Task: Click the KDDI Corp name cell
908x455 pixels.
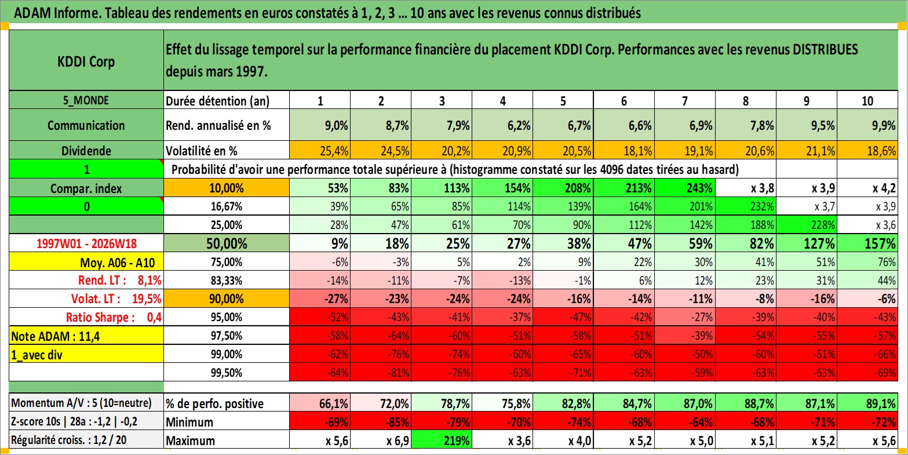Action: (x=86, y=60)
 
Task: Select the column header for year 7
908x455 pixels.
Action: (x=685, y=100)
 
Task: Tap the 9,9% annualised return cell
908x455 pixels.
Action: (x=867, y=125)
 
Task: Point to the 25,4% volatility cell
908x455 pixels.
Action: (x=320, y=151)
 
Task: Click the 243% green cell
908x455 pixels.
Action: (x=685, y=188)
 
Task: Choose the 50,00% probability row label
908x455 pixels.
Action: (x=227, y=243)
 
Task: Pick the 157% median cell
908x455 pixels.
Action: (x=867, y=243)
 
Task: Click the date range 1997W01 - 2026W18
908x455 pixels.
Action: (x=86, y=243)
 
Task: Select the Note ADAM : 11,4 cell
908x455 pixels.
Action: (x=86, y=336)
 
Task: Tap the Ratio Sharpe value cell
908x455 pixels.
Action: (x=86, y=317)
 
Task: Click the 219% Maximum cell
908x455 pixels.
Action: (x=442, y=440)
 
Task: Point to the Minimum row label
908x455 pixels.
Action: (x=227, y=422)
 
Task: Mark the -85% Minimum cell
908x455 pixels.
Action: (x=381, y=422)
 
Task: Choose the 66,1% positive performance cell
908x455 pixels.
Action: (x=320, y=403)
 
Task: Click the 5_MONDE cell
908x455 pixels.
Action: (x=86, y=100)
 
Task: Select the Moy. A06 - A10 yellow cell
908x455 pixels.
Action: (x=86, y=262)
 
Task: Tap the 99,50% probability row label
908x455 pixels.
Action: (x=227, y=372)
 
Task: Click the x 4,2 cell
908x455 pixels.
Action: (x=867, y=188)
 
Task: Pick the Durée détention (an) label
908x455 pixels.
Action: (x=218, y=101)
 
